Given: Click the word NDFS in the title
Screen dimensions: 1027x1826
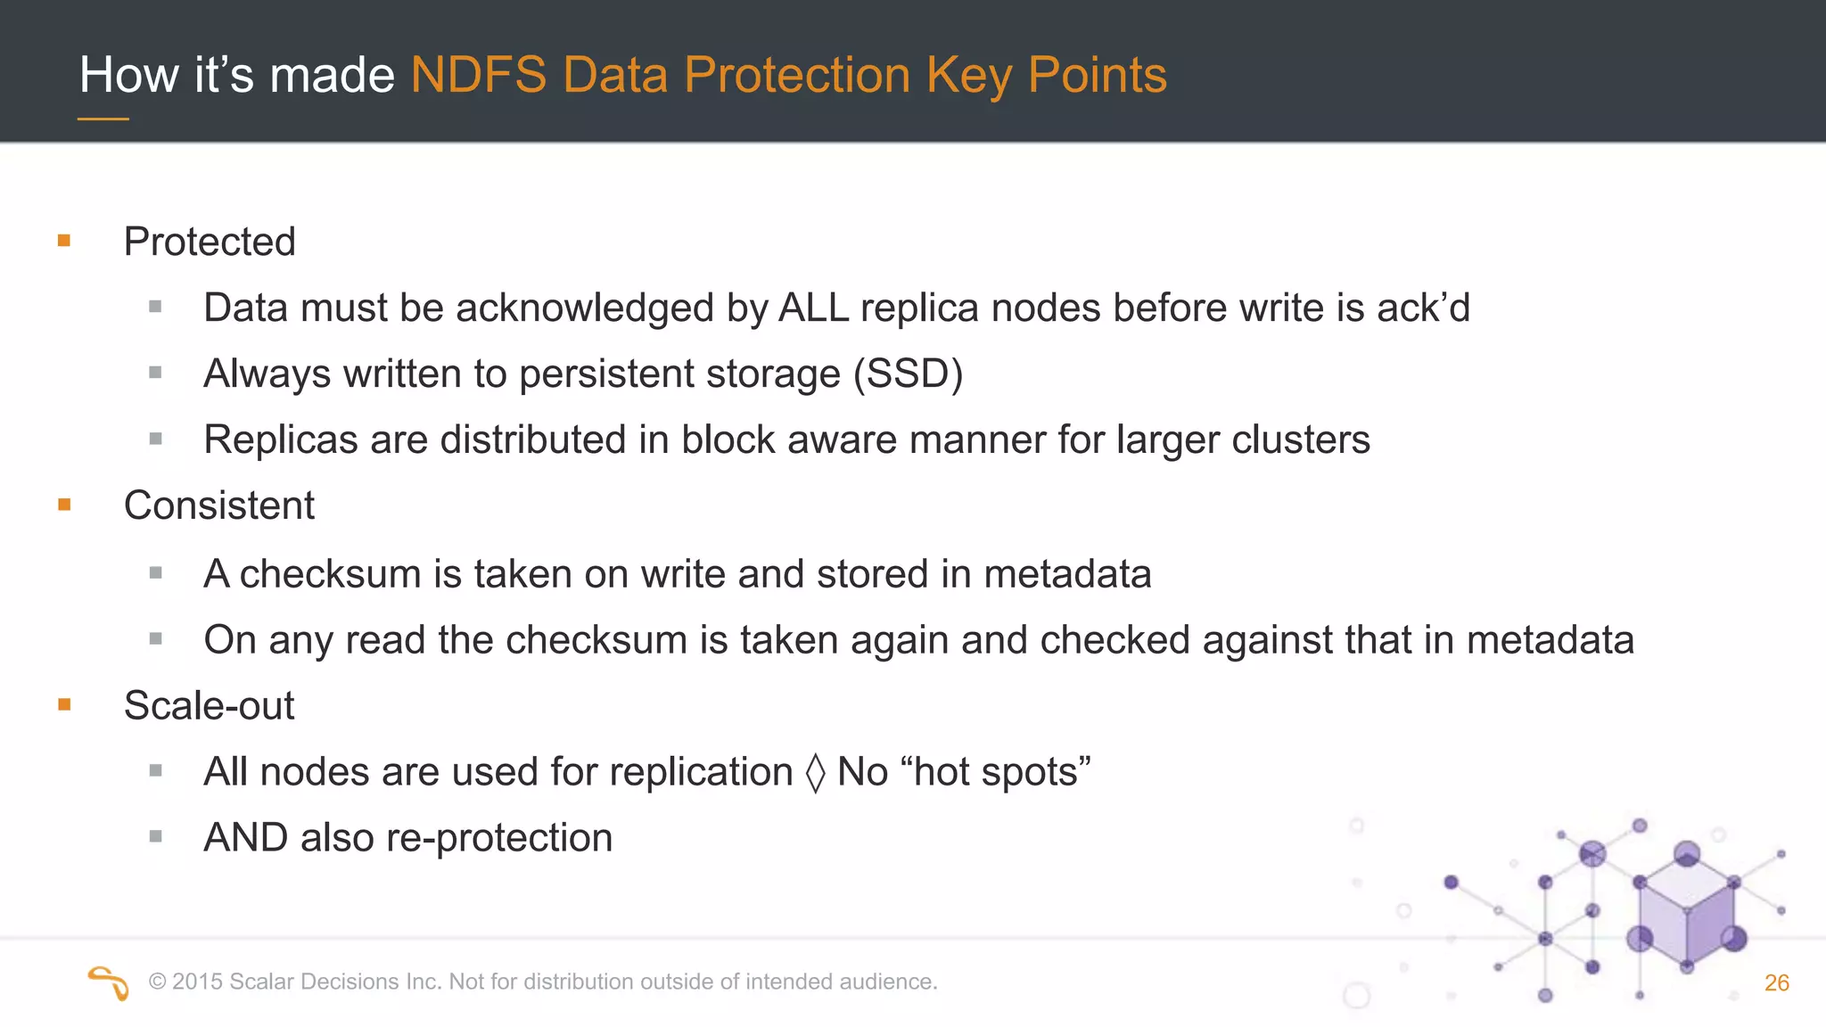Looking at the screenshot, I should pos(478,75).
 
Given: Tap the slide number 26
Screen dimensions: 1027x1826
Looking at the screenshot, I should pos(1776,982).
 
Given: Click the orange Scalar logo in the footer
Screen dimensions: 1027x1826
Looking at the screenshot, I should pos(109,982).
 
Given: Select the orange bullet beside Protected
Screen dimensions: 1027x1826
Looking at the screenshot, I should pos(64,241).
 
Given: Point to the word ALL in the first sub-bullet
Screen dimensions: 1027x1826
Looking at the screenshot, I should pos(813,308).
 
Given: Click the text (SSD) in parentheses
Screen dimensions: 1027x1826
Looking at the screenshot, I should pos(908,374).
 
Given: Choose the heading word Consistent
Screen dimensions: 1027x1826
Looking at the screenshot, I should pos(219,506).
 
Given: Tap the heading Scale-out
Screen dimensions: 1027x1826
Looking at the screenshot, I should pos(209,706).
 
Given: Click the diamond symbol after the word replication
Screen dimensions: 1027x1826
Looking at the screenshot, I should pos(815,773).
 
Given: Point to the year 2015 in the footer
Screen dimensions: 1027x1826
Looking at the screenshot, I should pos(197,982).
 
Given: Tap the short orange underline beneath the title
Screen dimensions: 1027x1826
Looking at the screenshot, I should pos(103,119).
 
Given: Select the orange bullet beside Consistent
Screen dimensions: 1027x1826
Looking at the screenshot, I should pos(64,505).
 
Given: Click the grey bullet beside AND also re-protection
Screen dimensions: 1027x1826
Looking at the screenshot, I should pos(156,836).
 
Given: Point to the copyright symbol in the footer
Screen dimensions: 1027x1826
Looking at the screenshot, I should pos(158,982).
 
